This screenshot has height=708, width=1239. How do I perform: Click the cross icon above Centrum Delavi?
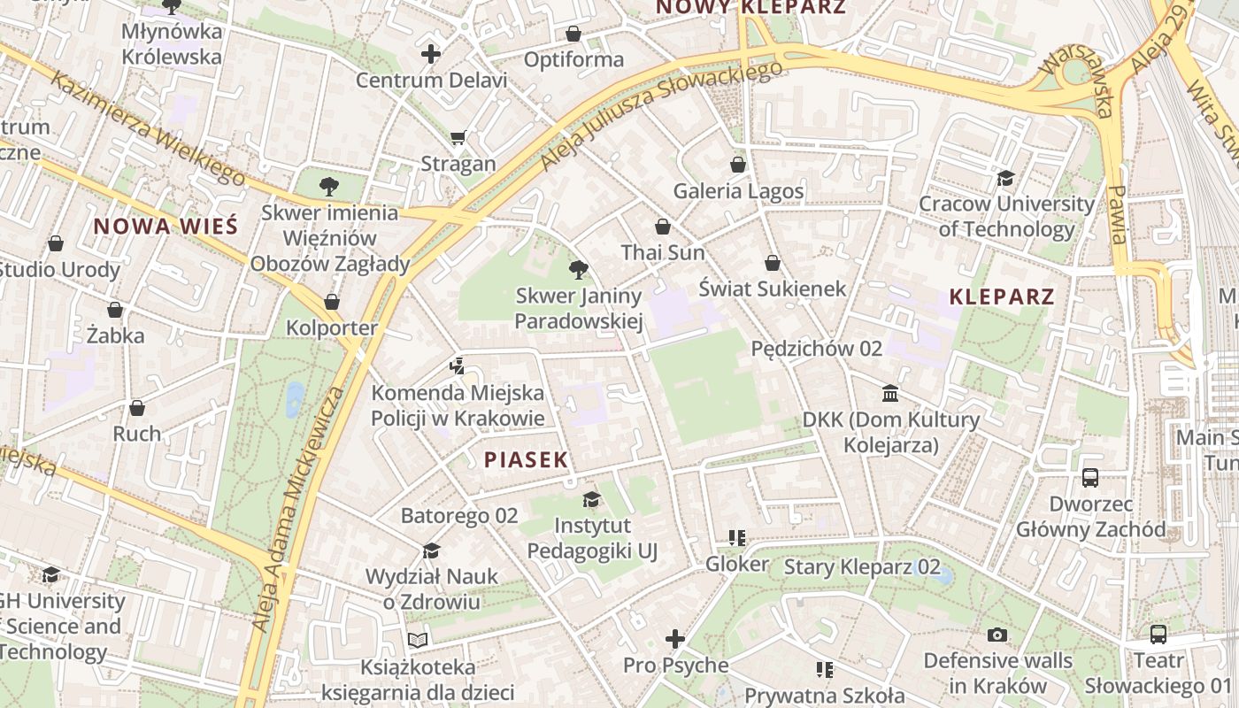(x=431, y=54)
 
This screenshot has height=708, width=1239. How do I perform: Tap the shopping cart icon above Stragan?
(x=458, y=137)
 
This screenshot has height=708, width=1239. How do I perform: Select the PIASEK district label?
(x=526, y=459)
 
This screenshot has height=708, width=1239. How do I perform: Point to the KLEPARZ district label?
(x=1002, y=296)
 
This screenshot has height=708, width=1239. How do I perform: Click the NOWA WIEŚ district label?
(x=165, y=226)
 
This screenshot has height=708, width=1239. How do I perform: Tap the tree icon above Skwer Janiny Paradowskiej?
(x=579, y=269)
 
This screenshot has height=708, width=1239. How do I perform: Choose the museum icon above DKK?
(x=890, y=392)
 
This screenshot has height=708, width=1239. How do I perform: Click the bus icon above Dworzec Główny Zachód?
(x=1090, y=478)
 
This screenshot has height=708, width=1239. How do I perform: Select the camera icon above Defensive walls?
(x=997, y=635)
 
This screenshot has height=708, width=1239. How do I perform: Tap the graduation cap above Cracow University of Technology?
(x=1005, y=178)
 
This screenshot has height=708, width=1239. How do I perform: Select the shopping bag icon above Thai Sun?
(x=662, y=227)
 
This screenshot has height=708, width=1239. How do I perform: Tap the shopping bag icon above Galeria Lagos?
(x=738, y=165)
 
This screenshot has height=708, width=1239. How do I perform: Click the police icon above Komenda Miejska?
(x=457, y=366)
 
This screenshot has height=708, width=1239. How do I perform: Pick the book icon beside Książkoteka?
(x=418, y=640)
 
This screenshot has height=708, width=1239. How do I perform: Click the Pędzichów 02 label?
(x=816, y=349)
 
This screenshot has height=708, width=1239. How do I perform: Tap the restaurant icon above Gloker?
(x=736, y=537)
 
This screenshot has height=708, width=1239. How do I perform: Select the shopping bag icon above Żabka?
(x=114, y=310)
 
